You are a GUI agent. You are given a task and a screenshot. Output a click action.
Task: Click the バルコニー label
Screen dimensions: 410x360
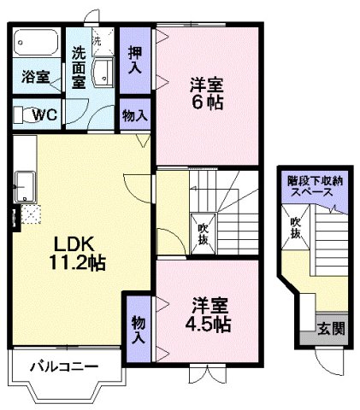tap(64, 367)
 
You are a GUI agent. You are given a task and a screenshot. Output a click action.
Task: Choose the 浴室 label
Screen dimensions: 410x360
tap(34, 74)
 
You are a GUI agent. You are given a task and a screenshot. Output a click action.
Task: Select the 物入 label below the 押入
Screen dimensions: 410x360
tap(135, 114)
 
